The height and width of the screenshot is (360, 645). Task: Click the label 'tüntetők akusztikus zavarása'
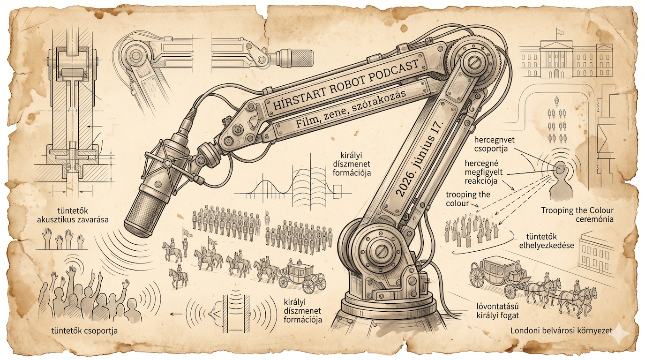(x=73, y=215)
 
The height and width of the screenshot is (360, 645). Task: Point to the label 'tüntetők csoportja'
(x=84, y=330)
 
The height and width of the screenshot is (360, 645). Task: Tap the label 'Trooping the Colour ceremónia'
(x=577, y=215)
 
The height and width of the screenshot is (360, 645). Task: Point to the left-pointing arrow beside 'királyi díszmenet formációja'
(x=176, y=314)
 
